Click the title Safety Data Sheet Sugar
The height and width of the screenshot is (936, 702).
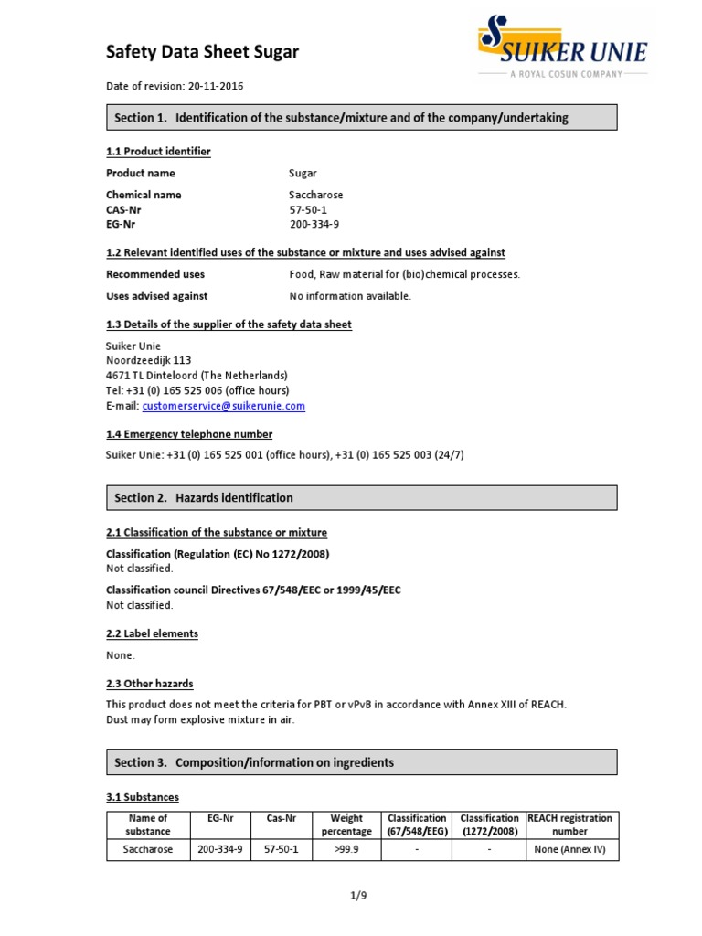202,52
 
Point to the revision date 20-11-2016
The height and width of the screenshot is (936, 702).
216,87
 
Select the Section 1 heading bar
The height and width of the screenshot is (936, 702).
361,118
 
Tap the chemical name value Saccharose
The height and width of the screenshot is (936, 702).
316,195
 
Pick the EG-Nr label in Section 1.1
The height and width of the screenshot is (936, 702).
123,224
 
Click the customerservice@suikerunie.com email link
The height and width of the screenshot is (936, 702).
223,406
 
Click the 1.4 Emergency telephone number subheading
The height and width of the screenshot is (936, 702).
189,434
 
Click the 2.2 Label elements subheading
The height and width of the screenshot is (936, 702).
152,633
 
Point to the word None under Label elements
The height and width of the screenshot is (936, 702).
120,655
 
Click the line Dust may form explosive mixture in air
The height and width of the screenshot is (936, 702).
200,719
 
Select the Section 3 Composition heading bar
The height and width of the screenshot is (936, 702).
361,762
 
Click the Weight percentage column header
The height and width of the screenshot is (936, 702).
346,824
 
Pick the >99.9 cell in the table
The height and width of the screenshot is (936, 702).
346,850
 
